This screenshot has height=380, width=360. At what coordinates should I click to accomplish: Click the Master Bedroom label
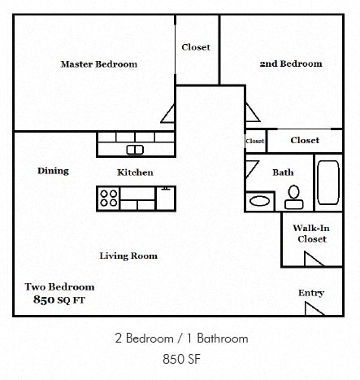(x=99, y=64)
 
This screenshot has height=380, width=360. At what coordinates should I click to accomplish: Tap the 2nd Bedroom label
(x=290, y=63)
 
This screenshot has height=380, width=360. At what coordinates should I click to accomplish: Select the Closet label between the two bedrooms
(x=196, y=47)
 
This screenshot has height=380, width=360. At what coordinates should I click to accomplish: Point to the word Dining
(x=53, y=171)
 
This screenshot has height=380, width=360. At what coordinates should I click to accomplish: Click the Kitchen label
(x=135, y=173)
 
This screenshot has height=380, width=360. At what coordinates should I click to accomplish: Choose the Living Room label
(x=128, y=256)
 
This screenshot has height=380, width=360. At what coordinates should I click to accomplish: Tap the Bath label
(x=283, y=173)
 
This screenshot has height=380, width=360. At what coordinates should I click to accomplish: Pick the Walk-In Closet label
(x=310, y=234)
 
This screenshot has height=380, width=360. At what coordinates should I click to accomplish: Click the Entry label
(x=310, y=293)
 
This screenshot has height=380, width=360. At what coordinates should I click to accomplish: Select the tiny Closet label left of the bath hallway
(x=255, y=141)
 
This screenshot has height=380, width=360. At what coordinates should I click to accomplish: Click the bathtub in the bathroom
(x=327, y=185)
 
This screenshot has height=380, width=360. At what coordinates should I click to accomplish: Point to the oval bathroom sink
(x=260, y=201)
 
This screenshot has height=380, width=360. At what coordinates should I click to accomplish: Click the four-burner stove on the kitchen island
(x=109, y=196)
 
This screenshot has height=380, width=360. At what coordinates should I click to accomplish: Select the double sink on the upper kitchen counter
(x=136, y=149)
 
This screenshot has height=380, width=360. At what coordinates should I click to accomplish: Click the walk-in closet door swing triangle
(x=314, y=259)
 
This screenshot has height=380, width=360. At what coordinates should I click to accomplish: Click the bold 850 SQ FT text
(x=59, y=299)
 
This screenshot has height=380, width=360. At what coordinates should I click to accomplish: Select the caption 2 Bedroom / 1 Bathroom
(x=180, y=338)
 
